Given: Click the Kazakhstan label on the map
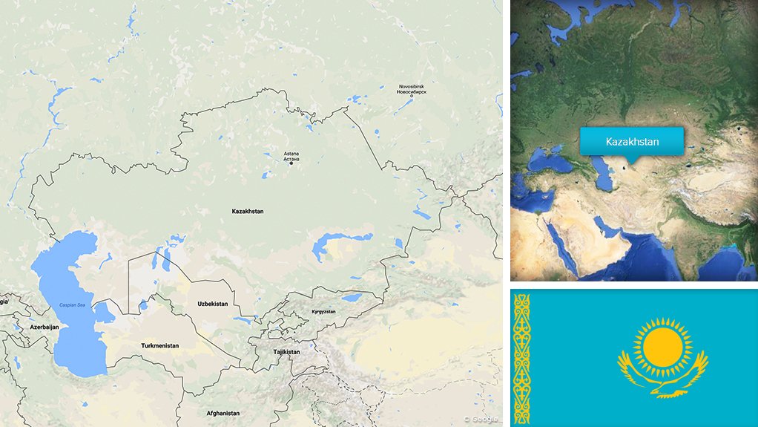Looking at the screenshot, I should coord(248,212).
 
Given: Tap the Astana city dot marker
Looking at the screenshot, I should coord(291,163).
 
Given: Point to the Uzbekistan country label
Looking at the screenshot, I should coord(213,304).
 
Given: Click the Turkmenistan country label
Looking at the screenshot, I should coord(160,346).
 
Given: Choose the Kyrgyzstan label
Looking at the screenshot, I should coord(323,312).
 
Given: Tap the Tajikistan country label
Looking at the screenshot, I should coord(286,352).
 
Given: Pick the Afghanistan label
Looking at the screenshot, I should coord(223,413).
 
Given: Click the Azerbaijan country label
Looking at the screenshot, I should coord(44,327).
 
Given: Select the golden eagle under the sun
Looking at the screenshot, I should coord(662,378).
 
